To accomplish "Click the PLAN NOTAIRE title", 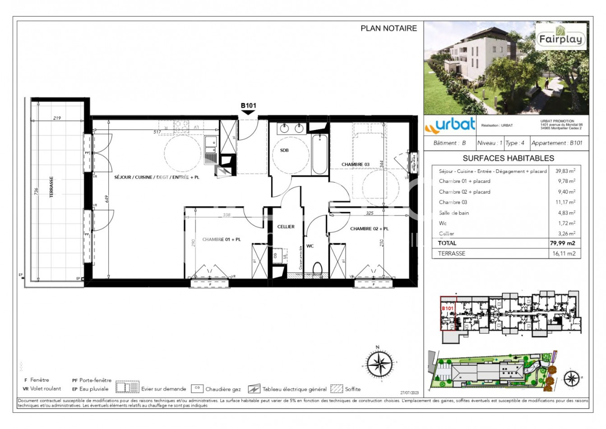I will pos(389,28).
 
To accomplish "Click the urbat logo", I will pos(450,125).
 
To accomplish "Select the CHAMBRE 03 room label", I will pos(355,164).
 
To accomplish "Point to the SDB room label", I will pos(284,150).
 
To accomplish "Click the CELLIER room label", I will pos(286,227).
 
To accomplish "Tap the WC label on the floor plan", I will pos(310,246).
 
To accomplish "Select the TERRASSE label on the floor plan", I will pos(51,187).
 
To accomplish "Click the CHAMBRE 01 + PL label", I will pos(221,239).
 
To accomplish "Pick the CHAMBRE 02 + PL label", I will pos(369,229).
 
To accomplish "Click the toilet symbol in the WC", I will pos(317,269).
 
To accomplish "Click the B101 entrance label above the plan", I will pos(248,106).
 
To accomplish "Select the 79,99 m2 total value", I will pos(562,243).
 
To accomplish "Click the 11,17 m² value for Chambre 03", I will pos(565,202).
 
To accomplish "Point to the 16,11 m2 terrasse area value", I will pos(564,253).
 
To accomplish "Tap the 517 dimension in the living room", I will pos(157,132).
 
